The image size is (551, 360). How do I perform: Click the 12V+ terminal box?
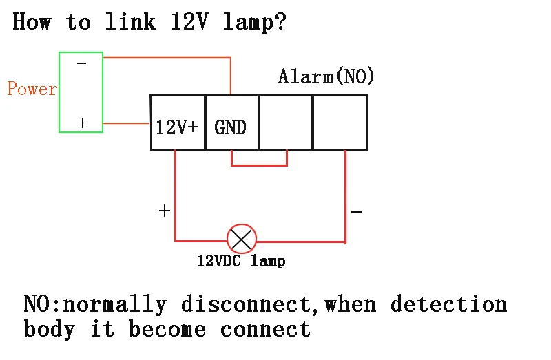tap(178, 123)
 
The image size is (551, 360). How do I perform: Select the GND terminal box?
tap(232, 123)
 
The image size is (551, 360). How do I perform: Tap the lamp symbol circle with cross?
tap(242, 239)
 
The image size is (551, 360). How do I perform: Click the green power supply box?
tap(81, 92)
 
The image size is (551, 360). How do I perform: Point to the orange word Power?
tap(32, 89)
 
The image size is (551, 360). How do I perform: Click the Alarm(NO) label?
tap(326, 76)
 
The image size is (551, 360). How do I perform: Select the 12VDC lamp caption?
tap(240, 262)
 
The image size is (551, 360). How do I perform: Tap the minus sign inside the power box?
tap(82, 63)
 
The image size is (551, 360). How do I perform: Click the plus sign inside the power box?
tap(82, 123)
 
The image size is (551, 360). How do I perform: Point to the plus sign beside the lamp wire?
tap(164, 211)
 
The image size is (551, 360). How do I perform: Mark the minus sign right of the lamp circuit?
tap(356, 212)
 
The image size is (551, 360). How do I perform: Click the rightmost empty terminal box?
tap(340, 123)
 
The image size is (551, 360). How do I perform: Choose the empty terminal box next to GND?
tap(286, 123)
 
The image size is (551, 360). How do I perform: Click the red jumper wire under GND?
tap(259, 165)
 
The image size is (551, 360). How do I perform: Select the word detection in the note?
tap(448, 304)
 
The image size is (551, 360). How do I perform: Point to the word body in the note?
tap(49, 329)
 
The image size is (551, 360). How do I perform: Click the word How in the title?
tap(32, 22)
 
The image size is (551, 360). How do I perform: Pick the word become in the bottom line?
tap(167, 329)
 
